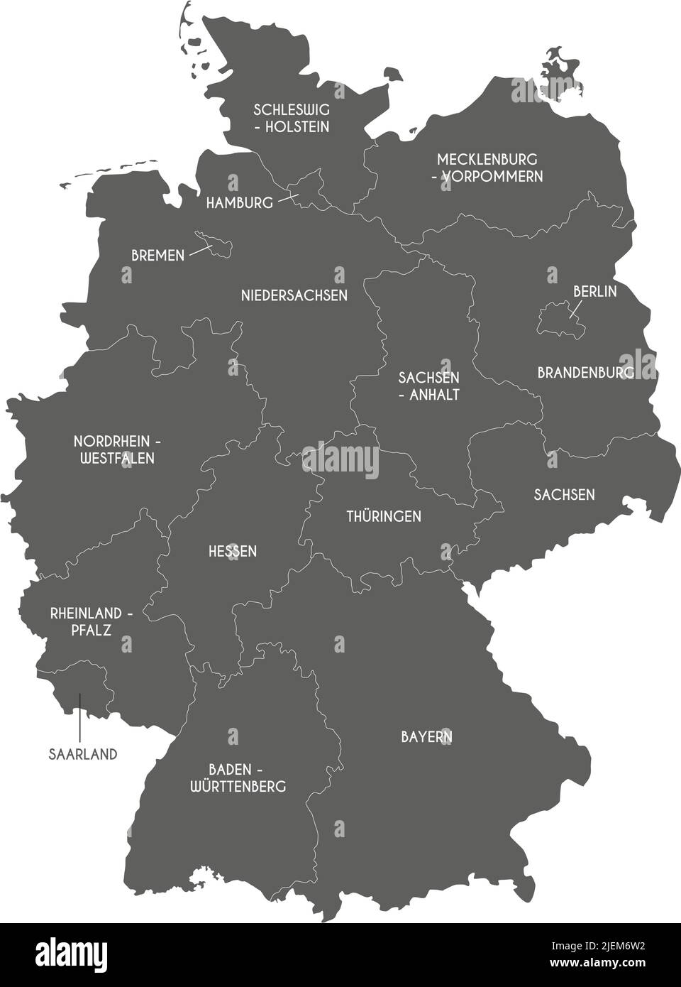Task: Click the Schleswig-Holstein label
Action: point(292,118)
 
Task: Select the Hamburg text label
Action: point(239,203)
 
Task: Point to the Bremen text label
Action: point(157,255)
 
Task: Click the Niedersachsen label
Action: point(294,295)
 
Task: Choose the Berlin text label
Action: point(594,291)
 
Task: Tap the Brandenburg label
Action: point(585,372)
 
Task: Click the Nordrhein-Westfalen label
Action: point(117,449)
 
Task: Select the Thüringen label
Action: point(383,516)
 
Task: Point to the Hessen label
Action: point(233,551)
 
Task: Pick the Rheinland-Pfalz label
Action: point(91,621)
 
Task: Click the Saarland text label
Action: point(83,754)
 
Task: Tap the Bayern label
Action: point(426,737)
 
